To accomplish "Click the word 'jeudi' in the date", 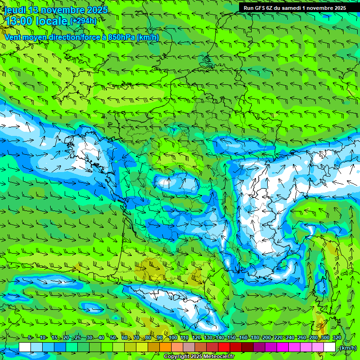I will pyautogui.click(x=15, y=10).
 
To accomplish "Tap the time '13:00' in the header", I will pyautogui.click(x=19, y=21).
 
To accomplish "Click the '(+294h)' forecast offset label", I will pyautogui.click(x=83, y=21).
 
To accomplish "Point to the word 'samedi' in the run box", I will pyautogui.click(x=298, y=8).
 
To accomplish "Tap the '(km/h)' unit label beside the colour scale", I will pyautogui.click(x=347, y=347).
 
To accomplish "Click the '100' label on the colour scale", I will pyautogui.click(x=173, y=337).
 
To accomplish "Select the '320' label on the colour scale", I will pyautogui.click(x=337, y=337).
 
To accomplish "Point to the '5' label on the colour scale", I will pyautogui.click(x=30, y=337).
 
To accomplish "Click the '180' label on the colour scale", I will pyautogui.click(x=255, y=337).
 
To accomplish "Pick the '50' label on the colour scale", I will pyautogui.click(x=113, y=337).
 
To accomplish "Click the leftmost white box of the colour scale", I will pyautogui.click(x=25, y=347).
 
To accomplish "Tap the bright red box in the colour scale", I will pyautogui.click(x=224, y=347).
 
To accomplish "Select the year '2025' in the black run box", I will pyautogui.click(x=338, y=8).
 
